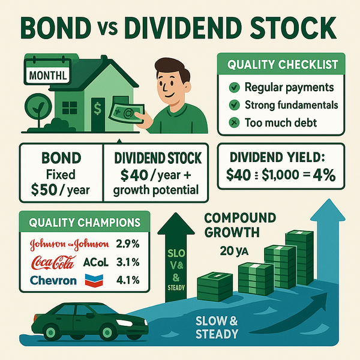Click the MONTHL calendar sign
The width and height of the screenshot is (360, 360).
pos(44,76)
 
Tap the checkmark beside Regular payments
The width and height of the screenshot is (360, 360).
pos(236,87)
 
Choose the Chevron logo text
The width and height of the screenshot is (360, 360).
pos(53,280)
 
